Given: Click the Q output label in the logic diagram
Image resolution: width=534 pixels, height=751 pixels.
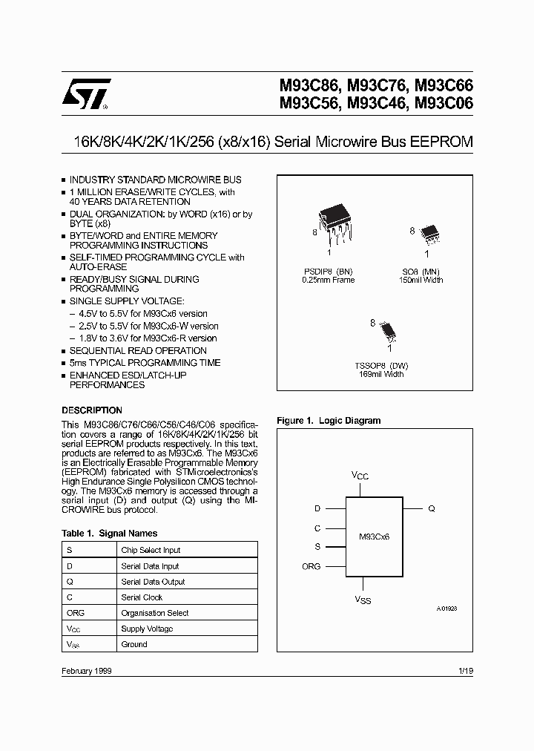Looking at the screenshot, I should pyautogui.click(x=432, y=509).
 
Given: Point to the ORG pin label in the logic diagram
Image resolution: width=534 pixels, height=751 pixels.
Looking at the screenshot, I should pyautogui.click(x=311, y=566).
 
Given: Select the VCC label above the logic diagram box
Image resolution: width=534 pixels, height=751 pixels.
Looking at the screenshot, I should pyautogui.click(x=359, y=474).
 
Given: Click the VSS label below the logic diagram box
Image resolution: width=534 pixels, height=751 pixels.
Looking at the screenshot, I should pyautogui.click(x=362, y=599).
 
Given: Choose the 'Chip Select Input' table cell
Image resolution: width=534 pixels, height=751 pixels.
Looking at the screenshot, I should pyautogui.click(x=151, y=550).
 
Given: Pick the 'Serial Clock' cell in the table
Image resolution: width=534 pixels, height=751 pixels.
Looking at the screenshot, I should pyautogui.click(x=142, y=597).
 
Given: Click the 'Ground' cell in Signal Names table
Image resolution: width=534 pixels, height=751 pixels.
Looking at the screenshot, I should pyautogui.click(x=134, y=644).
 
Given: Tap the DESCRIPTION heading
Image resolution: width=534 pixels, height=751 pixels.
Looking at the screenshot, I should pyautogui.click(x=92, y=410).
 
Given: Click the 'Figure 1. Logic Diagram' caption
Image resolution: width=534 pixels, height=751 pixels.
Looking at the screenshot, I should pyautogui.click(x=329, y=421).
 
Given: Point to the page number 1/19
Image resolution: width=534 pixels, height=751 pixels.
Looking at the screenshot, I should pyautogui.click(x=466, y=670).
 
